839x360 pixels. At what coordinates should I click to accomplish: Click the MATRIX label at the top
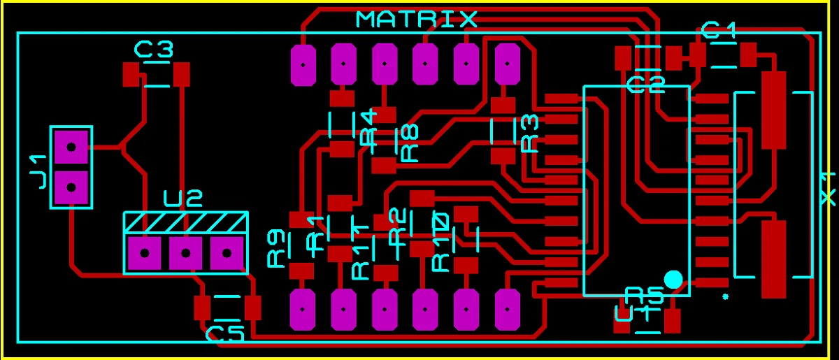click(x=417, y=19)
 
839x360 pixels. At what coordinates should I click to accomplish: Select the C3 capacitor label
click(x=154, y=50)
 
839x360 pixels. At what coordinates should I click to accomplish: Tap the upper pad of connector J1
click(x=71, y=147)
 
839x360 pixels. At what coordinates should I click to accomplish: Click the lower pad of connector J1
click(x=71, y=187)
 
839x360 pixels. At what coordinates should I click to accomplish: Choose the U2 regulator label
click(x=183, y=200)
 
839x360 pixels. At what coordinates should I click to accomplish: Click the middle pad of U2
click(x=185, y=253)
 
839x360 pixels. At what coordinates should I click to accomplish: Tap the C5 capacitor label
click(x=224, y=334)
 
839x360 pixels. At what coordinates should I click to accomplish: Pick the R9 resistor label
click(x=277, y=249)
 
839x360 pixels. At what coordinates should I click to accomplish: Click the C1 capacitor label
click(x=719, y=30)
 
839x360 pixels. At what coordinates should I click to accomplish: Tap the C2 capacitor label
click(x=646, y=85)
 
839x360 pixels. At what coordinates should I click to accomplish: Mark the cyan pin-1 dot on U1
click(x=673, y=279)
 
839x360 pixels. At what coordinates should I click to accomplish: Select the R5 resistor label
click(x=644, y=294)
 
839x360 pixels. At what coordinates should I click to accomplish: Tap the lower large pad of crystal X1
click(x=773, y=259)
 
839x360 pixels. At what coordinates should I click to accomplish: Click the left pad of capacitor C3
click(x=131, y=73)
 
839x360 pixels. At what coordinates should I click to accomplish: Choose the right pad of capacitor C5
click(x=252, y=306)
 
